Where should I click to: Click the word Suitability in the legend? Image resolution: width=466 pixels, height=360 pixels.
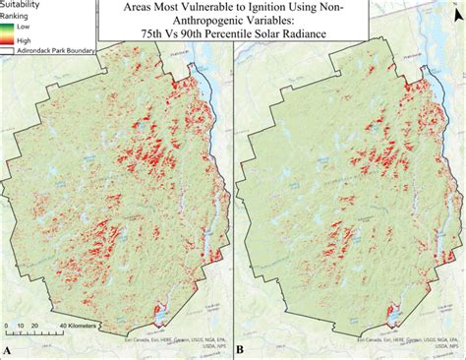[x=25, y=5]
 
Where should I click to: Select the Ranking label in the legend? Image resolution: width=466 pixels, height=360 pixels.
[x=19, y=16]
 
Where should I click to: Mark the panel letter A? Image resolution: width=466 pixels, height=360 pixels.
[x=8, y=349]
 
